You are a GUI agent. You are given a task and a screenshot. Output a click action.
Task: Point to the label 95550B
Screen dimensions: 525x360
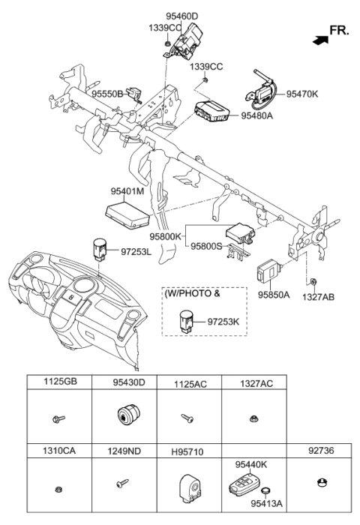pos(107,94)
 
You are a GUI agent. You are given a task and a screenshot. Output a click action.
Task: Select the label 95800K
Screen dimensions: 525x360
pos(166,236)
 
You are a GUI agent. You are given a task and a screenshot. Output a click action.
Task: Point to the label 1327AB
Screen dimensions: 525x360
pos(318,297)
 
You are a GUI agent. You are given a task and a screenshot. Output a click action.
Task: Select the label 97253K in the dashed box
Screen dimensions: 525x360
pos(223,321)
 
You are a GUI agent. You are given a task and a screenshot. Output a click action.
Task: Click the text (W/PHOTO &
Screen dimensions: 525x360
pos(193,295)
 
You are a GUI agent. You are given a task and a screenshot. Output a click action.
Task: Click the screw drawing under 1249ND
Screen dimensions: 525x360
pos(119,486)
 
